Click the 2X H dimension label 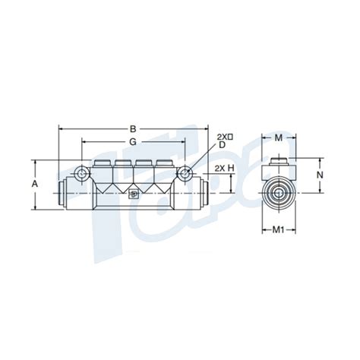tap(223, 168)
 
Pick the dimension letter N tap(320, 174)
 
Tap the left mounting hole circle tap(81, 174)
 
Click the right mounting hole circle tap(184, 174)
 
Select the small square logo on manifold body tap(134, 194)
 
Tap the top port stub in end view tap(278, 161)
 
